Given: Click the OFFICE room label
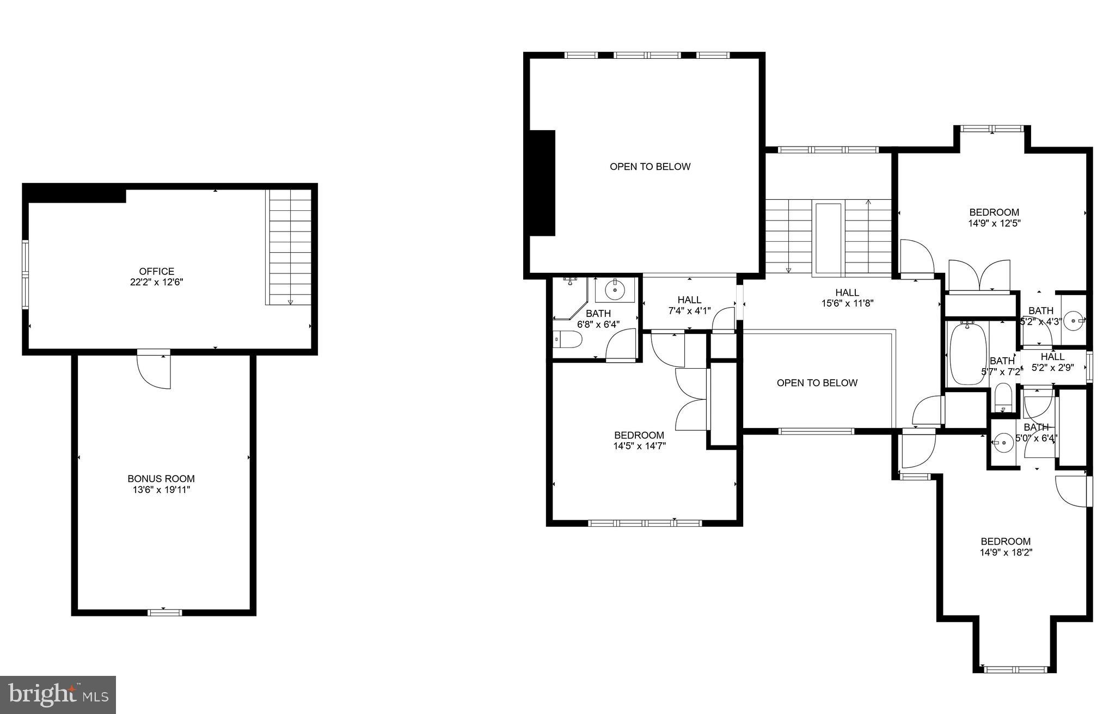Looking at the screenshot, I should click(157, 271).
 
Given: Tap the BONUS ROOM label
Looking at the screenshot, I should click(161, 479).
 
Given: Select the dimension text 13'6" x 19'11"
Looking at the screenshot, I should click(161, 490).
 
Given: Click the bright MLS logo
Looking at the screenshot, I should click(58, 694).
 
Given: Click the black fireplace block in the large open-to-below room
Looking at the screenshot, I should click(542, 183).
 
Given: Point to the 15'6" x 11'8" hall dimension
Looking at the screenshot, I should click(847, 303).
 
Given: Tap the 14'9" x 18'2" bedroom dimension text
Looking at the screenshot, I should click(1006, 552).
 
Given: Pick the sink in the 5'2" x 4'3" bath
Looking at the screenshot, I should click(1074, 321).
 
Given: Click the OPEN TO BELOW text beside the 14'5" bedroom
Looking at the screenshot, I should click(817, 383).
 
